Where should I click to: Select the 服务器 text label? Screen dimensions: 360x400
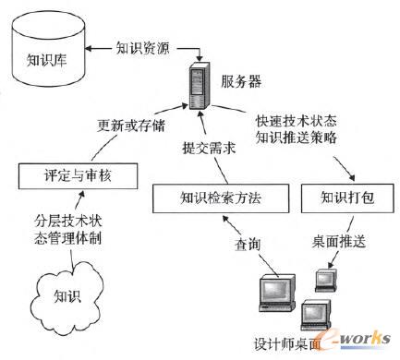tap(241, 83)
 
